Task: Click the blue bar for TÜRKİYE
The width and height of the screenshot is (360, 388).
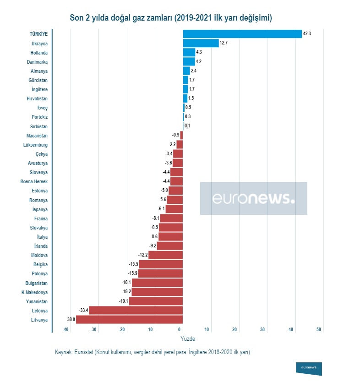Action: coord(242,34)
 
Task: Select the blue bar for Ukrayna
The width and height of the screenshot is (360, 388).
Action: coord(201,43)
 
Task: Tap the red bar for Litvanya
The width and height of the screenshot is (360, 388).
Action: coord(129,319)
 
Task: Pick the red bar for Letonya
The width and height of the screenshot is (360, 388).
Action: coord(136,310)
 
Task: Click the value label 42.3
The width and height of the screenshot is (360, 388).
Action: coord(307,34)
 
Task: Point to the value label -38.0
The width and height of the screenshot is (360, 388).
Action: coord(71,319)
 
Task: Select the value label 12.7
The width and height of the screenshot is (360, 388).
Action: coord(224,43)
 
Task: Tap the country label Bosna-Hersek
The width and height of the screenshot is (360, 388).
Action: coord(34,181)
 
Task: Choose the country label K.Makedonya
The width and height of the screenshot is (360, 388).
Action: coord(34,292)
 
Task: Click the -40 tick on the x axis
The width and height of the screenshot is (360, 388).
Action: coord(65,330)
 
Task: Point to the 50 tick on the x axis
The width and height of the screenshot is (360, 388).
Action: coord(319,330)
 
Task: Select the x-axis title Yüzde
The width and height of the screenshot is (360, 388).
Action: coord(188,339)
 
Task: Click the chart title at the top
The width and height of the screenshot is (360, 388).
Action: coord(171,18)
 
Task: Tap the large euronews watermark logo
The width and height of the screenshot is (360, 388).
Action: coord(253,198)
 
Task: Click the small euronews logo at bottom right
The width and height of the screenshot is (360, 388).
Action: coord(309,368)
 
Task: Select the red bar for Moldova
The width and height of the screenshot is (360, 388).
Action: coord(165,255)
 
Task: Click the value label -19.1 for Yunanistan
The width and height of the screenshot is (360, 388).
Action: coord(124,301)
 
